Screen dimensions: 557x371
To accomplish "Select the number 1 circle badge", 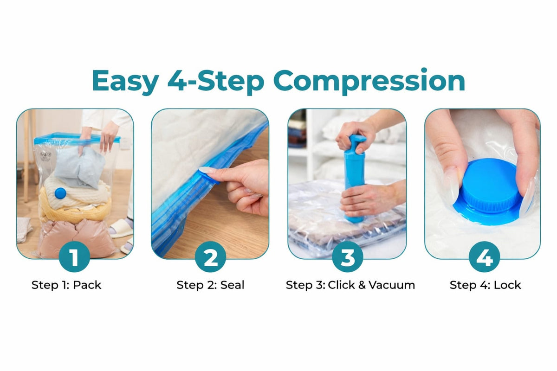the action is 74,257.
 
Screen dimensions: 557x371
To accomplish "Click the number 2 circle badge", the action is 210,257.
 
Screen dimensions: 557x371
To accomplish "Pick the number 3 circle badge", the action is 347,257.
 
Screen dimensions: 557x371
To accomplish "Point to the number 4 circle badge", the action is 485,257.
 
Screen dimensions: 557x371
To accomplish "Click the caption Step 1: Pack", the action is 66,285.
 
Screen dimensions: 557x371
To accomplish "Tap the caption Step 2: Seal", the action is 210,285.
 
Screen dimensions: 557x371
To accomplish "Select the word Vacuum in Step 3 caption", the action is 392,285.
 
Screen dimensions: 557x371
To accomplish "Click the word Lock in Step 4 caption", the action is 507,285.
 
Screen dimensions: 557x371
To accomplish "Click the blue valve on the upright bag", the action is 60,193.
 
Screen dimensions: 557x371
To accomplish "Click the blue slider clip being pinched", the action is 208,175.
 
